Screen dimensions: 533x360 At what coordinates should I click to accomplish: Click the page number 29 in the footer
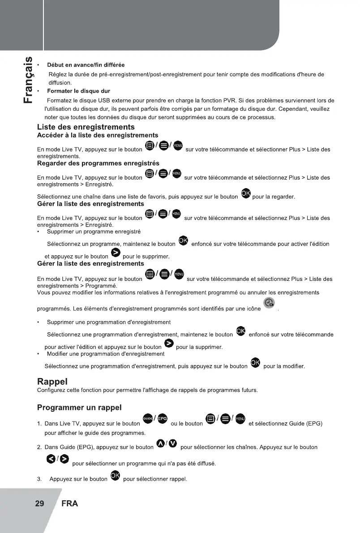coord(39,503)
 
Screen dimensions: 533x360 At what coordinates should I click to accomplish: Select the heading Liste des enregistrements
coord(86,127)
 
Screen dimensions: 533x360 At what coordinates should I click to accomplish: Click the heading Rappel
coord(52,382)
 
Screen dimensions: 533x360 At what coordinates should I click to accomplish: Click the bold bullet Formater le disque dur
coord(78,91)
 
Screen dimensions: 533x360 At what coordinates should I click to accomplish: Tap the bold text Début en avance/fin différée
coord(86,65)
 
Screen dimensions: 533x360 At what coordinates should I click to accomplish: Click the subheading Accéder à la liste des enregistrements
coord(97,135)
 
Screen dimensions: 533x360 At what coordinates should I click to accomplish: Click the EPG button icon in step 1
coord(162,418)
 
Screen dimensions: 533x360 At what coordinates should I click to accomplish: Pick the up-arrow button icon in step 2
coord(160,443)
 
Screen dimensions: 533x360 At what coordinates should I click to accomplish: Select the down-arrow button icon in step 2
coord(172,443)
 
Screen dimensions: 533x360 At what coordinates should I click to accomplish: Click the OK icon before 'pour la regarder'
coord(246,193)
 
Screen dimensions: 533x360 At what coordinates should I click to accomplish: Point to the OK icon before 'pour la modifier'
coord(256,362)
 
